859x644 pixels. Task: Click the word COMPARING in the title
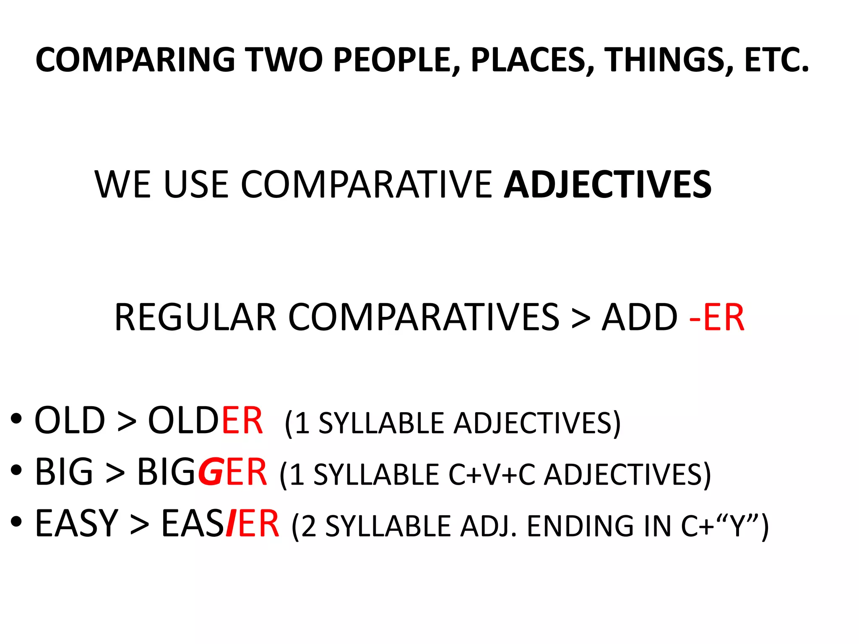pyautogui.click(x=135, y=60)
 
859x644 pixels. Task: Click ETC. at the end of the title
pyautogui.click(x=776, y=60)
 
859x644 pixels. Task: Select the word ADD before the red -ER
pyautogui.click(x=640, y=317)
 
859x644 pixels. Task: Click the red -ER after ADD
pyautogui.click(x=717, y=317)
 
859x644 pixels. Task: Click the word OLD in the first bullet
pyautogui.click(x=70, y=421)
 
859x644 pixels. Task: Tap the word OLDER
pyautogui.click(x=205, y=421)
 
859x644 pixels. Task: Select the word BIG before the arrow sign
pyautogui.click(x=64, y=472)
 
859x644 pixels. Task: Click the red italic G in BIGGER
pyautogui.click(x=210, y=473)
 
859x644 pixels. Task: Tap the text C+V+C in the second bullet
pyautogui.click(x=492, y=475)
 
